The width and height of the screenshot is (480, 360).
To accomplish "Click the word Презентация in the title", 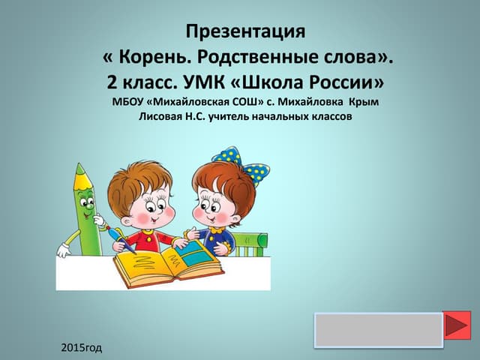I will pyautogui.click(x=246, y=32).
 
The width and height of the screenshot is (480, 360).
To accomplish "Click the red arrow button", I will pyautogui.click(x=457, y=325).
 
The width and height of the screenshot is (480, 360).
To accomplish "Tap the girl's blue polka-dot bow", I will pyautogui.click(x=242, y=161).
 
